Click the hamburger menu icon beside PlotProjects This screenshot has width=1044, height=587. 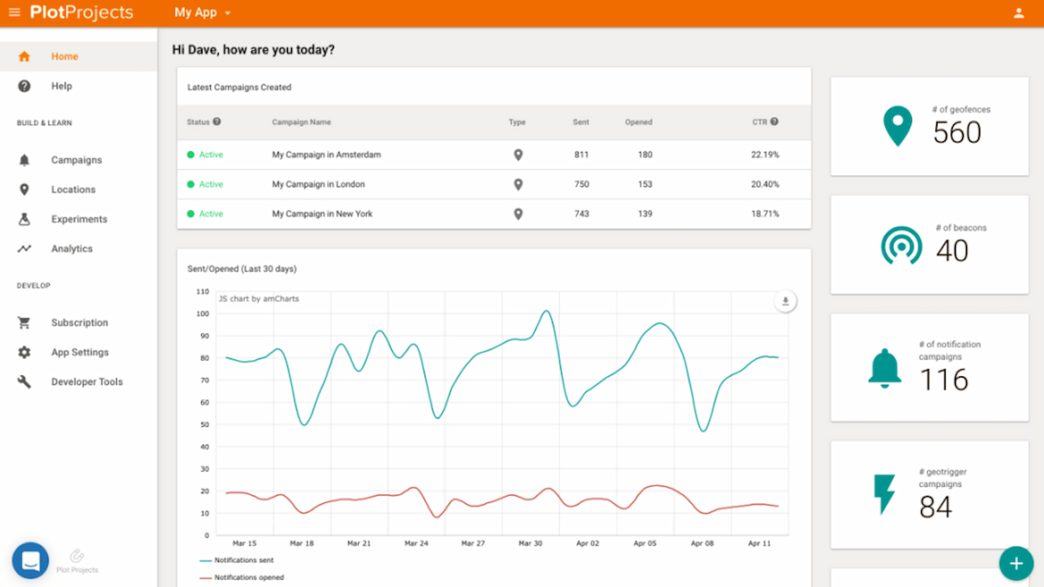(14, 13)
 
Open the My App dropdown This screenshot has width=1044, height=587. (202, 13)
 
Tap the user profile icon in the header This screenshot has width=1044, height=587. (1019, 13)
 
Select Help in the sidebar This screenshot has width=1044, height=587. (61, 86)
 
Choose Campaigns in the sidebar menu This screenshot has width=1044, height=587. (76, 160)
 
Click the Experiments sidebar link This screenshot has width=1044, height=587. (79, 219)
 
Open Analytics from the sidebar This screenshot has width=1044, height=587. (71, 249)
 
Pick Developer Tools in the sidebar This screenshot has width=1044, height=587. (87, 382)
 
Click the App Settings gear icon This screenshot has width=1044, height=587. (24, 352)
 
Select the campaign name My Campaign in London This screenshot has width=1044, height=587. (318, 185)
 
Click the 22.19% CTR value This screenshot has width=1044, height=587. (765, 155)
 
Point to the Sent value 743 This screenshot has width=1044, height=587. (581, 214)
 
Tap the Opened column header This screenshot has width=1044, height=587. (638, 123)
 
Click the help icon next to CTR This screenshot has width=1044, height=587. (775, 122)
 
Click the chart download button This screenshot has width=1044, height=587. (785, 302)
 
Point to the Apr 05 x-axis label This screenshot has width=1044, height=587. (645, 543)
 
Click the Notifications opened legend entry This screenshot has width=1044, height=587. (248, 577)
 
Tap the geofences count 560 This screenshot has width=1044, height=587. (957, 132)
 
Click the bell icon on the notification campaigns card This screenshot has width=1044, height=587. (885, 368)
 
